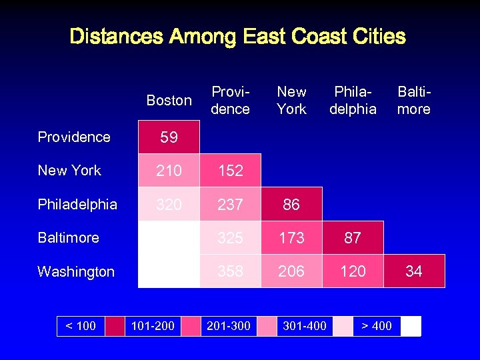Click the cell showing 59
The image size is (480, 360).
[169, 137]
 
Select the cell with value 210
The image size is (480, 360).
[169, 171]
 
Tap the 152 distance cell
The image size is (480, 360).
[230, 171]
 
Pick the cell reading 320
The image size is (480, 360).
[169, 205]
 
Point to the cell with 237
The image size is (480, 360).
[230, 205]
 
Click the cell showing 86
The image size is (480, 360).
[291, 205]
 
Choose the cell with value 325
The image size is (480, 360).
[230, 238]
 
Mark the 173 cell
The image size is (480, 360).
[291, 238]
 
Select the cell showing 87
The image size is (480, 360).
[353, 238]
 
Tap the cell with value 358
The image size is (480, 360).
[230, 271]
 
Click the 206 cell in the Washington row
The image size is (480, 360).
[291, 271]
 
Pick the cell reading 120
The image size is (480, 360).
[353, 271]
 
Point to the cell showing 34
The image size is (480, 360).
[414, 271]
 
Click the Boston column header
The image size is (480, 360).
[169, 100]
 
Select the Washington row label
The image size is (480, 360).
[76, 271]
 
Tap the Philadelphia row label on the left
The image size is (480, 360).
[77, 204]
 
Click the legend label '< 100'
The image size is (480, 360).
[80, 326]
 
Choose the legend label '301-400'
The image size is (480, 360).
[305, 326]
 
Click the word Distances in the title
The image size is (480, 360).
[116, 36]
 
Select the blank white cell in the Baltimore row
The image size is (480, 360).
[169, 238]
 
